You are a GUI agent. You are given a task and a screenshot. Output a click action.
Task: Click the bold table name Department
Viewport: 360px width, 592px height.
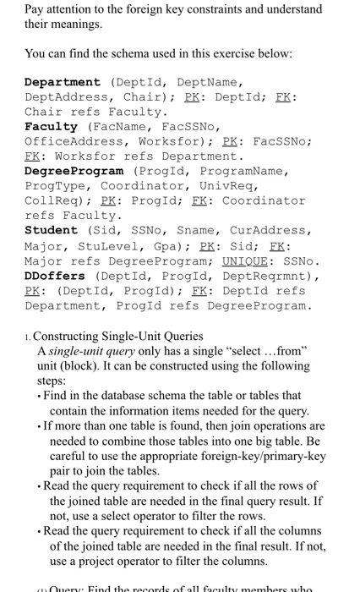point(62,82)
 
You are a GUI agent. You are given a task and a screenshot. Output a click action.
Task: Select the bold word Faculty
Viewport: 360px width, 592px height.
point(51,126)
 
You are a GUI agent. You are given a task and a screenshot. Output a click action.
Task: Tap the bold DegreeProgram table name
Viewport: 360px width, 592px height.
point(74,171)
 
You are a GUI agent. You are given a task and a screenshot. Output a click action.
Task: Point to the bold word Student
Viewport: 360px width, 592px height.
point(51,230)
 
